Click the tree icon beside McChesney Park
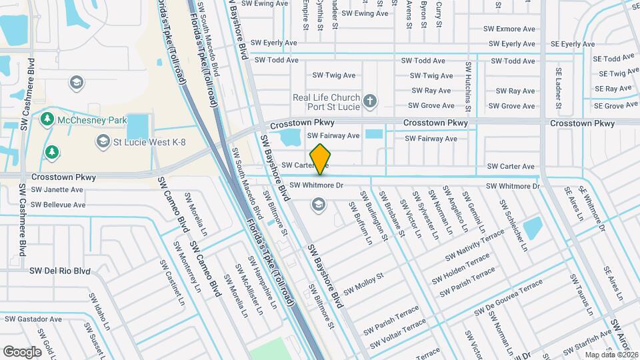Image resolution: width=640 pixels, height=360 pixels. click(47, 119)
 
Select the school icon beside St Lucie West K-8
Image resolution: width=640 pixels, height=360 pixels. click(103, 141)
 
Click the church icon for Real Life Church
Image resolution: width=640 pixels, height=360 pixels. click(370, 102)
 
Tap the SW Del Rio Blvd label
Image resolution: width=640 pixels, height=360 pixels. click(59, 271)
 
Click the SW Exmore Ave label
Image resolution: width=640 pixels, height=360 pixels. click(511, 29)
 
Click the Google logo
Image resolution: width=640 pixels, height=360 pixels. click(22, 351)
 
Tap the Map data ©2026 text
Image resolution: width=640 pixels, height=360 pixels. click(610, 354)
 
